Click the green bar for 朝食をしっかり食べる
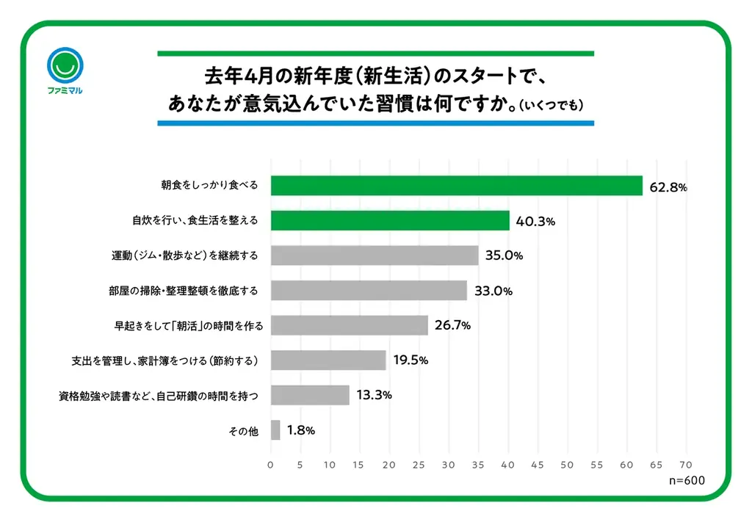pyautogui.click(x=456, y=186)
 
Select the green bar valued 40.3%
pyautogui.click(x=390, y=220)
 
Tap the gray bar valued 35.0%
pyautogui.click(x=375, y=255)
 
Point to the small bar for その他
pyautogui.click(x=275, y=430)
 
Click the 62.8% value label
pyautogui.click(x=668, y=187)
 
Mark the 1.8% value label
pyautogui.click(x=300, y=430)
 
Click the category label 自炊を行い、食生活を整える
pyautogui.click(x=195, y=220)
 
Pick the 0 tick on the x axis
pyautogui.click(x=270, y=464)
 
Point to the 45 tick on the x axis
pyautogui.click(x=538, y=464)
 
